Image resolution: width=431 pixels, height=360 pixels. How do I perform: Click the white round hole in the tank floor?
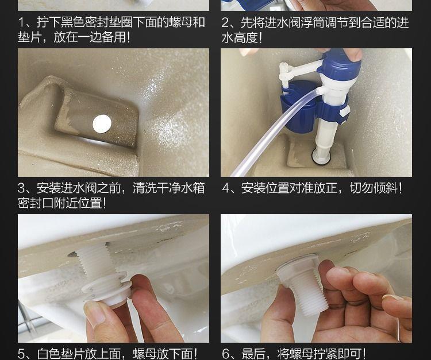pyautogui.click(x=102, y=124)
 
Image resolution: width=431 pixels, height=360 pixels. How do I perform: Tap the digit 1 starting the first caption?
pyautogui.click(x=22, y=22)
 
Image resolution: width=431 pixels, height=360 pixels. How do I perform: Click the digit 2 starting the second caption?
pyautogui.click(x=226, y=22)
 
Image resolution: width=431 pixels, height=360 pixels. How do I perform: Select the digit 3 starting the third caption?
pyautogui.click(x=22, y=188)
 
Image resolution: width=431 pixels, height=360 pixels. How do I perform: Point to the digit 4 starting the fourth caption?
pyautogui.click(x=226, y=188)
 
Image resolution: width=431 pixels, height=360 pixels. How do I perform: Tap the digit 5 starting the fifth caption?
pyautogui.click(x=22, y=354)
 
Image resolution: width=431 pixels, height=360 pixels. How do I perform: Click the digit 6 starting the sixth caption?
pyautogui.click(x=226, y=354)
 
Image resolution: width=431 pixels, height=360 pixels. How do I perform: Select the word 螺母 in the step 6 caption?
pyautogui.click(x=302, y=354)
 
